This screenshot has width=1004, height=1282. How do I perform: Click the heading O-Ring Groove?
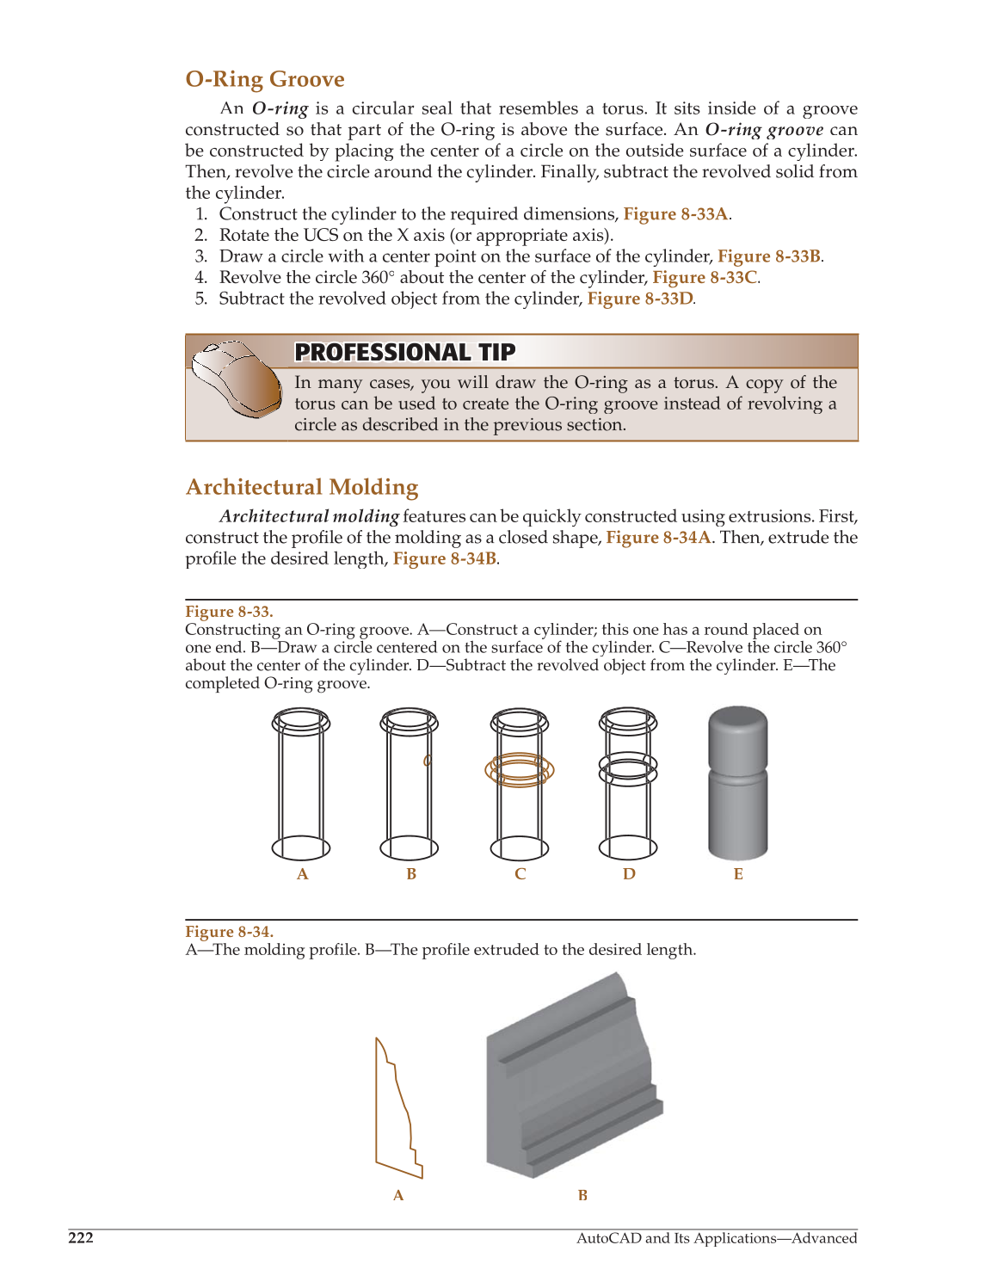(x=265, y=79)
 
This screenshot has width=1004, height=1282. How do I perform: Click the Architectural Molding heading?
(x=302, y=487)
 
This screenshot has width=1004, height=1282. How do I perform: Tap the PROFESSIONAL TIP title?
(x=404, y=352)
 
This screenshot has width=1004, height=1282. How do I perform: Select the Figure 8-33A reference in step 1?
(x=675, y=214)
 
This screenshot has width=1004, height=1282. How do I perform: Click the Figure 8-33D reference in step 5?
(x=639, y=299)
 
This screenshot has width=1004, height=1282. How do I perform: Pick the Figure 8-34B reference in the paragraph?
(x=444, y=558)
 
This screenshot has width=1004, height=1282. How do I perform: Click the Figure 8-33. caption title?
(x=229, y=612)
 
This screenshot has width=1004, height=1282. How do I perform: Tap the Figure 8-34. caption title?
(x=229, y=932)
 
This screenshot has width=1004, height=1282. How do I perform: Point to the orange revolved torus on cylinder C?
(x=520, y=771)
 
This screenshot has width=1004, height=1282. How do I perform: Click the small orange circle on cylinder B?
(x=427, y=761)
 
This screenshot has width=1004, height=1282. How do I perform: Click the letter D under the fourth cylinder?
(x=629, y=874)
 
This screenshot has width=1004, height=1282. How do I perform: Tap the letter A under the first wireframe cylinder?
(x=302, y=874)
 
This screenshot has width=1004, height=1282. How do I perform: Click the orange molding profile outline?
(x=398, y=1110)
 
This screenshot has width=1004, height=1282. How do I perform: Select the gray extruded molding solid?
(x=572, y=1080)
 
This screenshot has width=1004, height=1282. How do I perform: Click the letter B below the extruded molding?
(x=582, y=1195)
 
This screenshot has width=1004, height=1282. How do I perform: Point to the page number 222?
(x=81, y=1238)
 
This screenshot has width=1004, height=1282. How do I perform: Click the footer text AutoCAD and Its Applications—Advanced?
(x=716, y=1238)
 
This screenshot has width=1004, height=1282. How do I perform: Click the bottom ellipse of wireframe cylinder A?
(x=301, y=847)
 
